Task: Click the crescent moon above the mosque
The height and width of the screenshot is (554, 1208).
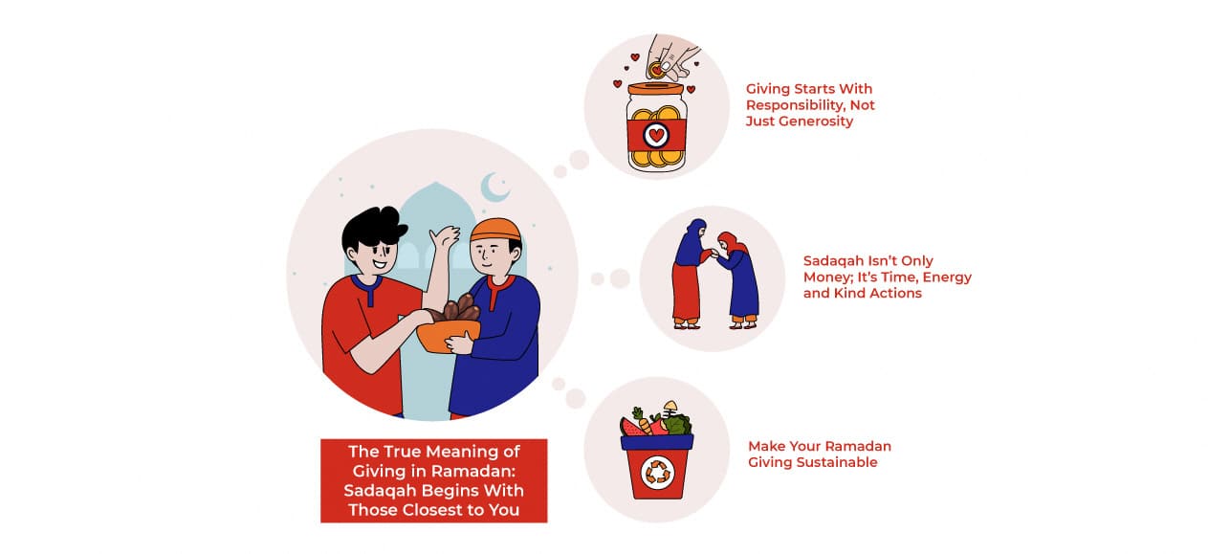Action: [494, 188]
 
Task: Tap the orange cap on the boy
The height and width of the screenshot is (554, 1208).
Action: [495, 230]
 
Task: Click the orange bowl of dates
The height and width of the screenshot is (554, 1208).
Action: [449, 334]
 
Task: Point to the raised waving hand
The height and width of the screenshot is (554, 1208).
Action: [444, 238]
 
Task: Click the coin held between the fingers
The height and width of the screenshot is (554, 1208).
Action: [656, 69]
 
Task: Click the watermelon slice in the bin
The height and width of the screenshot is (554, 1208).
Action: [633, 427]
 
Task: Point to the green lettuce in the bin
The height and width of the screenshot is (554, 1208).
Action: [677, 424]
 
